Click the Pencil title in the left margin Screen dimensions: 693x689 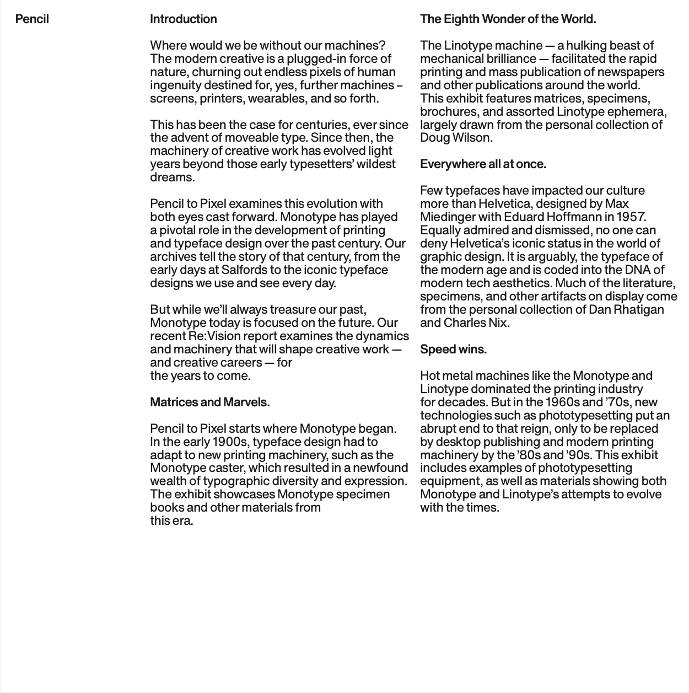coord(32,19)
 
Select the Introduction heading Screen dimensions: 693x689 coord(183,19)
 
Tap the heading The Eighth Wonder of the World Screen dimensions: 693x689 coord(508,19)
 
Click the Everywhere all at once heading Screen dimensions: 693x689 coord(483,164)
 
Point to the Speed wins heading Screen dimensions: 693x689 coord(453,350)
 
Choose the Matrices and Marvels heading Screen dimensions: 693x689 coord(209,402)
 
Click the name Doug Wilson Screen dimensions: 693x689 coord(456,138)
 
